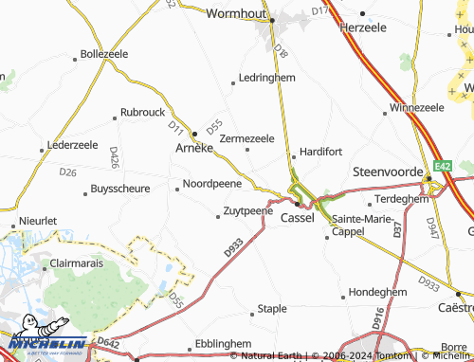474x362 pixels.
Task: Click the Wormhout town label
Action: [x=238, y=15]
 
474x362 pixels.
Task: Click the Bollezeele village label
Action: [x=104, y=54]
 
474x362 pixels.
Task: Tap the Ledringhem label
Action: [x=267, y=78]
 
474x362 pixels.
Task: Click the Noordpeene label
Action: [x=211, y=183]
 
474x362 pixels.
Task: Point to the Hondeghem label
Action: [x=377, y=292]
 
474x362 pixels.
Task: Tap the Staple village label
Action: [x=272, y=309]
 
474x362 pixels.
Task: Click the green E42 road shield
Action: [x=443, y=167]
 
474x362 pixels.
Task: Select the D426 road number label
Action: [x=114, y=156]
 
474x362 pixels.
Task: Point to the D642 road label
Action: [x=108, y=344]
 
